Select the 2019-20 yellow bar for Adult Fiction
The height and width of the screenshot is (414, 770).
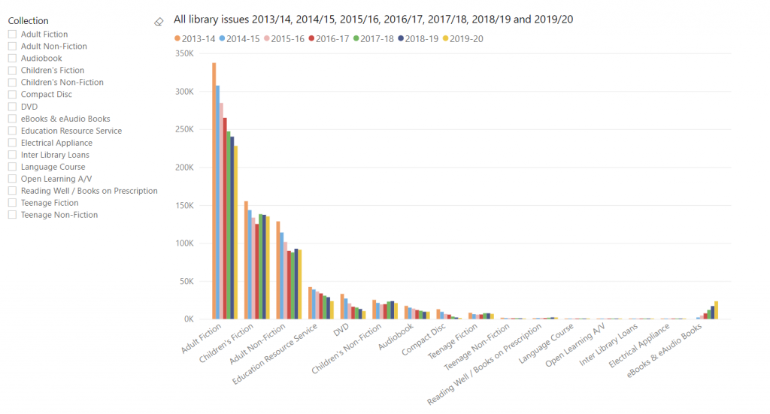pyautogui.click(x=235, y=232)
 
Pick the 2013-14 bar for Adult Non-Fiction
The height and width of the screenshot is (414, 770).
pyautogui.click(x=277, y=270)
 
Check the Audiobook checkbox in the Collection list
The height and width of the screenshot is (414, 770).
pyautogui.click(x=12, y=59)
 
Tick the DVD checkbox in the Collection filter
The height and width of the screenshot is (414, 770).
pyautogui.click(x=12, y=107)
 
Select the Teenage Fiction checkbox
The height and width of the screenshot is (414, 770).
pyautogui.click(x=12, y=203)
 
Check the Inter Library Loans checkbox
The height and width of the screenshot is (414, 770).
pyautogui.click(x=12, y=155)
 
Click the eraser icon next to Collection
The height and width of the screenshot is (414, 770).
pyautogui.click(x=158, y=22)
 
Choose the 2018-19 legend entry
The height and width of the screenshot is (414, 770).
pyautogui.click(x=420, y=39)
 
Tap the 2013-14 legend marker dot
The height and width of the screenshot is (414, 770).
pyautogui.click(x=177, y=39)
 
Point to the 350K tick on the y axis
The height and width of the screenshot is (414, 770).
pyautogui.click(x=183, y=53)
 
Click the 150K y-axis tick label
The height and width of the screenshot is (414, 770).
pyautogui.click(x=183, y=205)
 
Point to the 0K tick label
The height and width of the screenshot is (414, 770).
pyautogui.click(x=188, y=319)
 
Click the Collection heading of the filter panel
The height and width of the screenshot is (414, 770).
pyautogui.click(x=28, y=21)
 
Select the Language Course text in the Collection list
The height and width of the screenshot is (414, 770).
pyautogui.click(x=53, y=167)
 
